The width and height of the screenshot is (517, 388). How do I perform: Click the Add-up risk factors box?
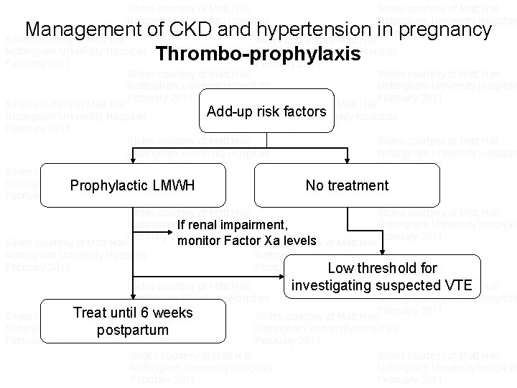coord(266,111)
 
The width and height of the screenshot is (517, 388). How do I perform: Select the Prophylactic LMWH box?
coord(133,185)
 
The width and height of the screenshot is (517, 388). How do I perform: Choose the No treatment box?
coord(347,185)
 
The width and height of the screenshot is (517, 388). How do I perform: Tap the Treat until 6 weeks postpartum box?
coord(133,321)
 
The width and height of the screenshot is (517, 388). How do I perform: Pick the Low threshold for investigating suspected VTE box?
coord(382,277)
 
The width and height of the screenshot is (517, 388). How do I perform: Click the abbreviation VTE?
coord(455,285)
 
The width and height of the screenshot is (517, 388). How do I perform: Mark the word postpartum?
coord(133,331)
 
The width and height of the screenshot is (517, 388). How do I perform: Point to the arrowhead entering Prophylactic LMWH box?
coord(132,160)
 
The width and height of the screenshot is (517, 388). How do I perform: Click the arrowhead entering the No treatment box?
coord(348,160)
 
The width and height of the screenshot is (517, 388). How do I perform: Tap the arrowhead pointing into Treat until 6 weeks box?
coord(132,295)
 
